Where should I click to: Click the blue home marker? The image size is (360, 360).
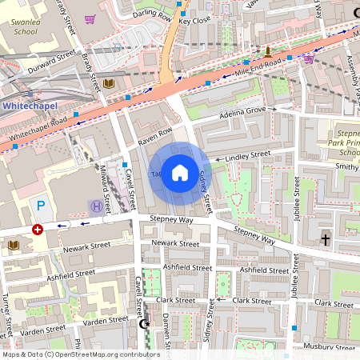(180, 173)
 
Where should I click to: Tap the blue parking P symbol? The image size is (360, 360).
(41, 206)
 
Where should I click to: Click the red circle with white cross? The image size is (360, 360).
(37, 230)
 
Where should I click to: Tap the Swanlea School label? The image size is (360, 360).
(25, 28)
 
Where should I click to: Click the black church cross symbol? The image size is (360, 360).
(326, 239)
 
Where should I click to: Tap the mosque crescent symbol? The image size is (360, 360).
(145, 324)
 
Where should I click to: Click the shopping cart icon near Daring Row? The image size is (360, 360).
(90, 19)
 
